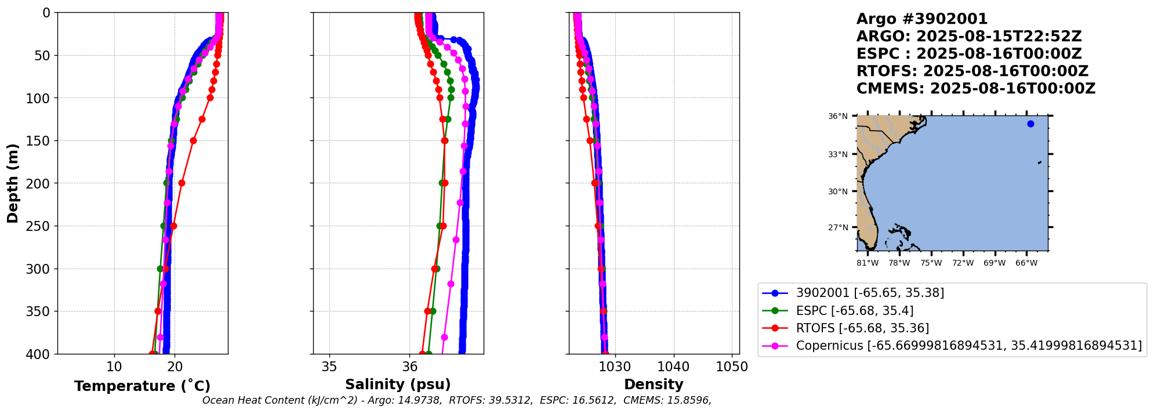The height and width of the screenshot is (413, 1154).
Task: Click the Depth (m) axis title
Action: point(12,183)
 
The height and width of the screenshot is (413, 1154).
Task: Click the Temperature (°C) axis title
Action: point(142,386)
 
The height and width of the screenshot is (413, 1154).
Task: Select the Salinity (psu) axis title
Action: point(398,385)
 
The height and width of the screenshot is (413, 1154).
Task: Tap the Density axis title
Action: point(654,385)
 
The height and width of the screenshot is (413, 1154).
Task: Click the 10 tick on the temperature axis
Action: point(114,367)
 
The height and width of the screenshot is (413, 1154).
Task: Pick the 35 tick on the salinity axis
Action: point(329,367)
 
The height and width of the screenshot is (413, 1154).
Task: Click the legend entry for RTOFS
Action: point(862,328)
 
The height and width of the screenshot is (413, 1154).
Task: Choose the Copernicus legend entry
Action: point(968,346)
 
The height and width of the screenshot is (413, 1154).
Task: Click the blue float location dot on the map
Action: point(1030,124)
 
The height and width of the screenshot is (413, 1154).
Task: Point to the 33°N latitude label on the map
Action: point(837,154)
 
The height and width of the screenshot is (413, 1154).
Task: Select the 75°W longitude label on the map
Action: point(931,263)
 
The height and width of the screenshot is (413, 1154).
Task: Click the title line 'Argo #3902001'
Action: point(922,19)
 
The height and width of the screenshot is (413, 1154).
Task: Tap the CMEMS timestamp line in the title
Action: point(976,89)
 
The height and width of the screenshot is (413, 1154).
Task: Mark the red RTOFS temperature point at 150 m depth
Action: point(193,140)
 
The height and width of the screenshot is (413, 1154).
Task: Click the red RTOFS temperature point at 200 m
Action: point(182,183)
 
